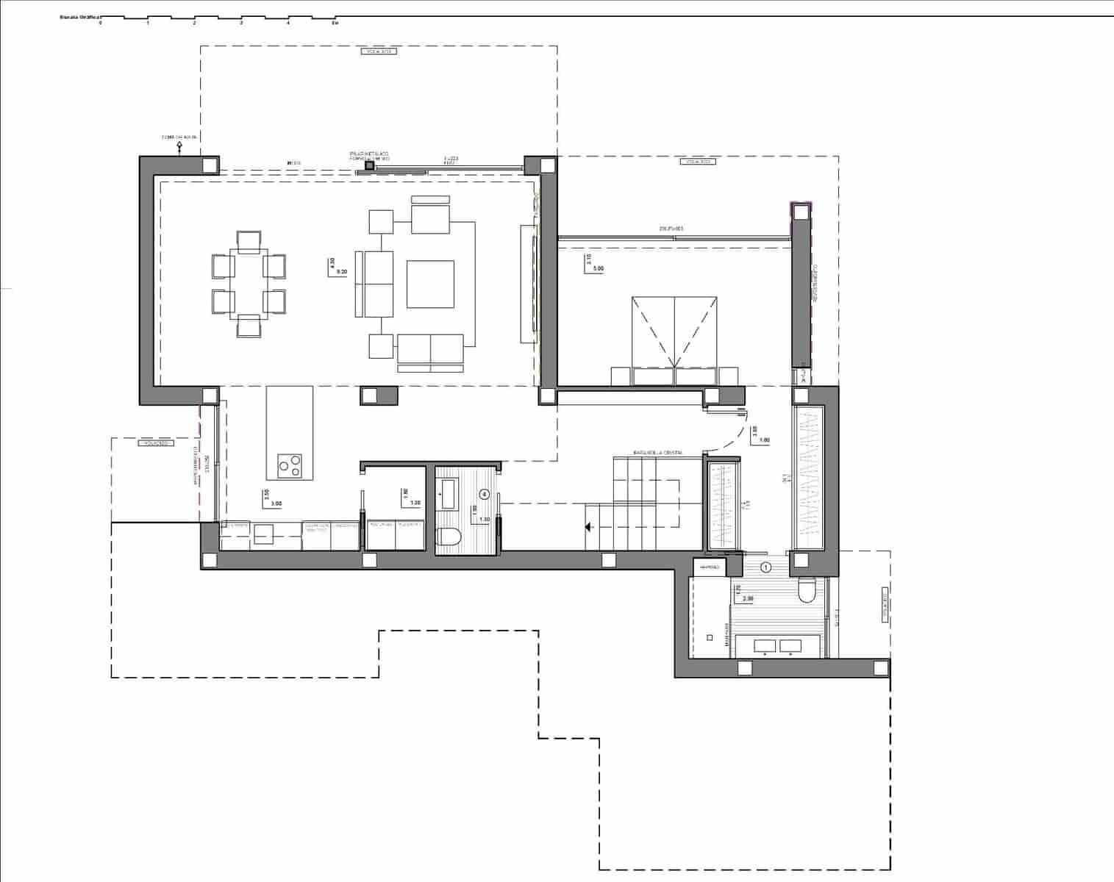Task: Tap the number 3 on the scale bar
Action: [241, 24]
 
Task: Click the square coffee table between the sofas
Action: [430, 284]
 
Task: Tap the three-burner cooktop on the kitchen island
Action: [289, 465]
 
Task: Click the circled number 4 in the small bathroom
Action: [484, 494]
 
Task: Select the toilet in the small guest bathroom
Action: [448, 538]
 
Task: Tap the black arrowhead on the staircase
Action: [588, 527]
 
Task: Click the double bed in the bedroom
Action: [674, 338]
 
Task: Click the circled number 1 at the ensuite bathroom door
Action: [765, 567]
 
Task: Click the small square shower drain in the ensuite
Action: [710, 638]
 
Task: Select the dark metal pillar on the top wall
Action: [369, 167]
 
